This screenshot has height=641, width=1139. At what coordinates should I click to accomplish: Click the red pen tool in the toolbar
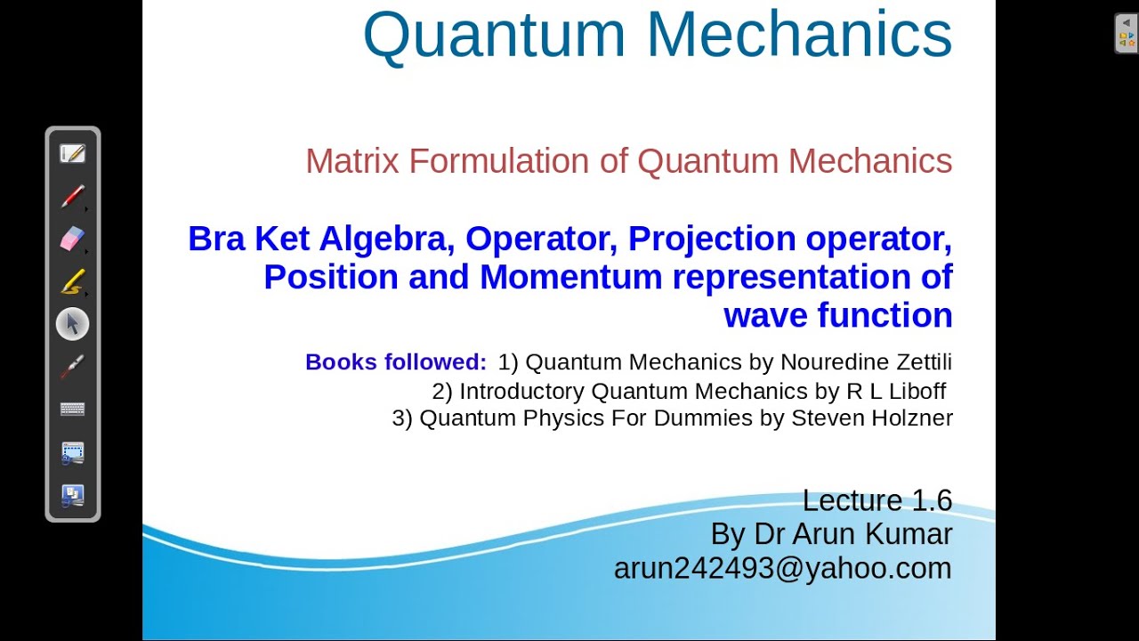(73, 196)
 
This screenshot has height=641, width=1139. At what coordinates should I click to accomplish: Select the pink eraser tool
(72, 239)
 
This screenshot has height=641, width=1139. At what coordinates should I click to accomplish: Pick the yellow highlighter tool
(72, 281)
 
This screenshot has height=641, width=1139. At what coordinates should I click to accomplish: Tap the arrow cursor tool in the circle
(72, 324)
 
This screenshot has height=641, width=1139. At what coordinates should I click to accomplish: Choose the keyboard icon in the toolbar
(72, 410)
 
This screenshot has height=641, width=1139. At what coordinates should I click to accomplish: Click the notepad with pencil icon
(72, 153)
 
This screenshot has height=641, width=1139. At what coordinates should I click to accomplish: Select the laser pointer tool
(72, 367)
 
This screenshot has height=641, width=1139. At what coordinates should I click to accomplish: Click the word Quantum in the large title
(494, 36)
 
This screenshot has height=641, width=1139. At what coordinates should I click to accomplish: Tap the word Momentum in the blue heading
(570, 277)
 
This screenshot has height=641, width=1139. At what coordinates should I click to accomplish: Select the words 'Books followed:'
(396, 362)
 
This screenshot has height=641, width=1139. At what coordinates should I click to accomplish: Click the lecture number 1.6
(932, 500)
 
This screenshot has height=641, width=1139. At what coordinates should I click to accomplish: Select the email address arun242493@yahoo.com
(782, 568)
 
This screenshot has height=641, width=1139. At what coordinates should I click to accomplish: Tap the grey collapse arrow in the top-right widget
(1127, 23)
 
